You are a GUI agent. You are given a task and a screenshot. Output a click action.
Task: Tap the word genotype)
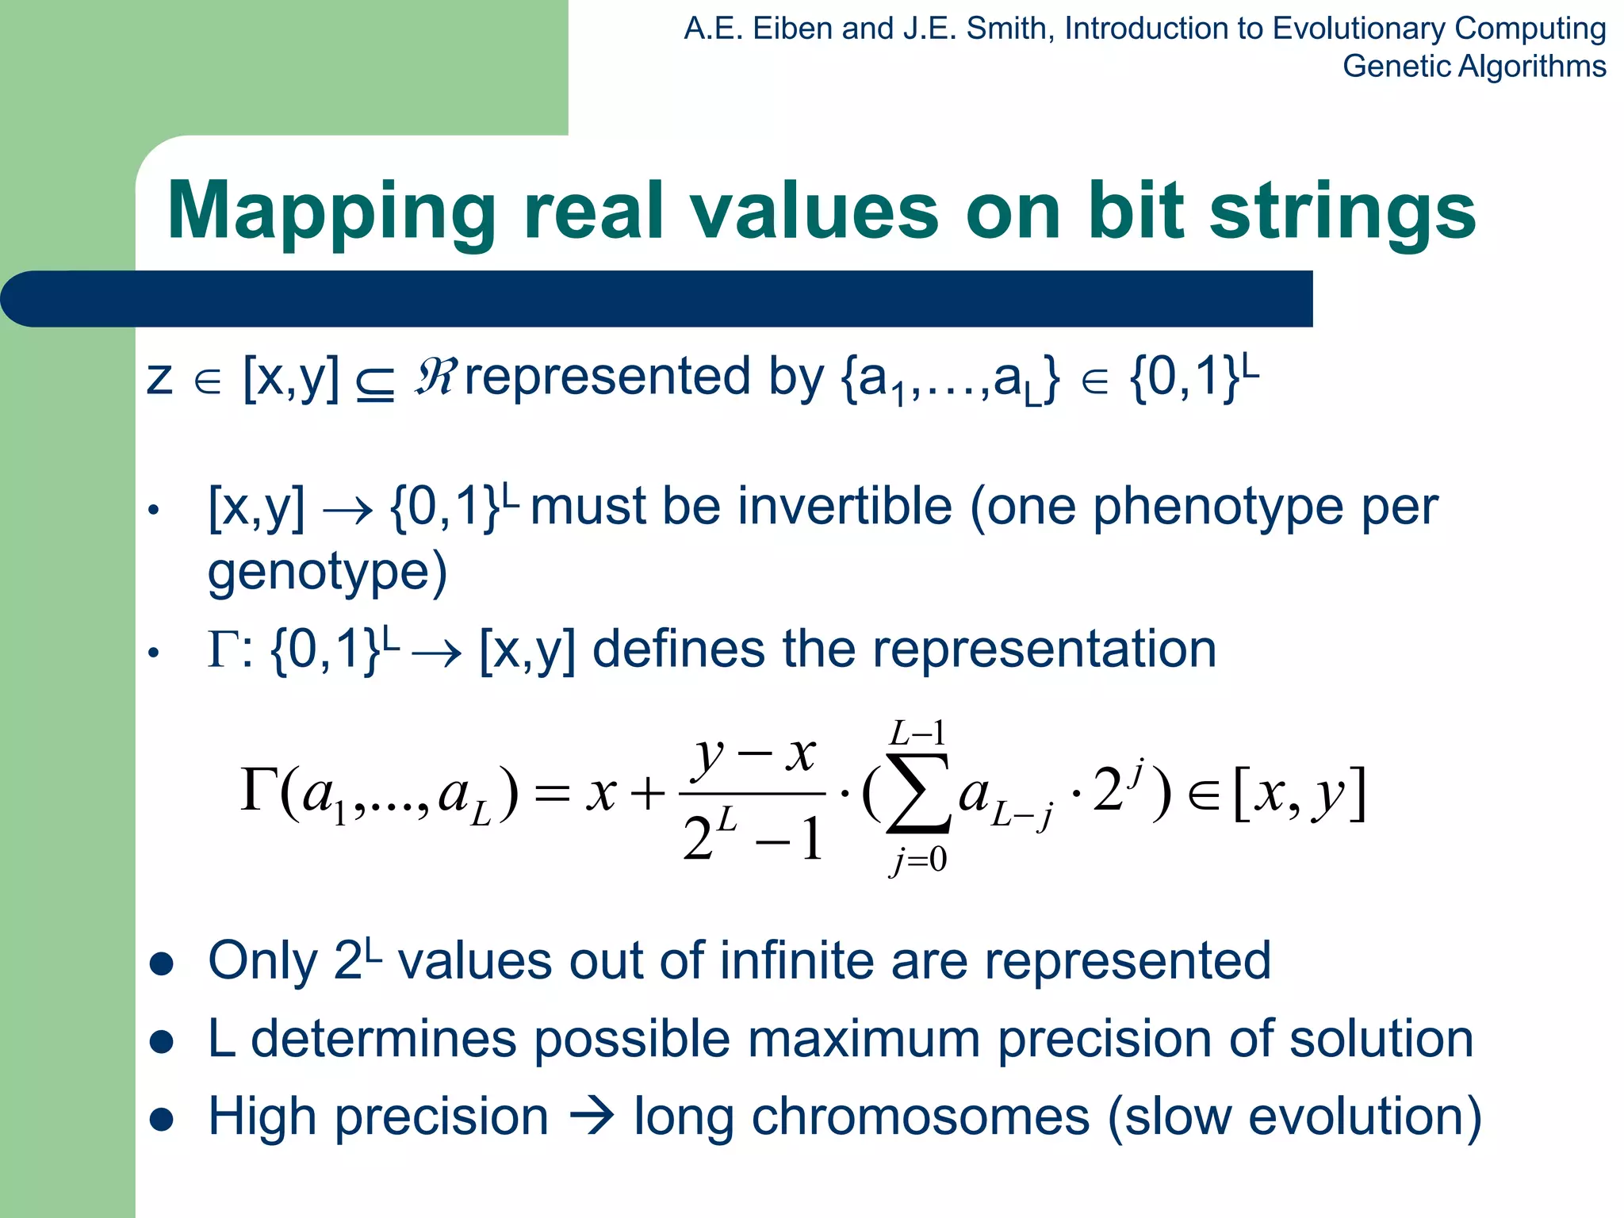[x=327, y=571]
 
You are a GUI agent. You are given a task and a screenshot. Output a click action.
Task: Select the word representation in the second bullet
[x=1044, y=649]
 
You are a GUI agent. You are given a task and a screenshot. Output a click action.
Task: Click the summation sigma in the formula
[x=918, y=795]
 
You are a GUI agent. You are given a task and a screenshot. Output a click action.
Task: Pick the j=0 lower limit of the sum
[x=918, y=860]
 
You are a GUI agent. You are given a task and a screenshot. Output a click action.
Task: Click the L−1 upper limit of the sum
[x=918, y=733]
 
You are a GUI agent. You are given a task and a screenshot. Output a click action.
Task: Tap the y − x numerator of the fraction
[x=753, y=753]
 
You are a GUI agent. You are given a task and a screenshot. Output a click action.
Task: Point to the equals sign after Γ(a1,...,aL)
[x=552, y=794]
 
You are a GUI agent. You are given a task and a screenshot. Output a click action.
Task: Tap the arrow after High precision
[x=591, y=1117]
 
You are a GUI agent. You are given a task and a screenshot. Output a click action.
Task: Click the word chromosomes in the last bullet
[x=920, y=1117]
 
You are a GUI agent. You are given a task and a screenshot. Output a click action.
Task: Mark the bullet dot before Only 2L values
[x=162, y=963]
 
